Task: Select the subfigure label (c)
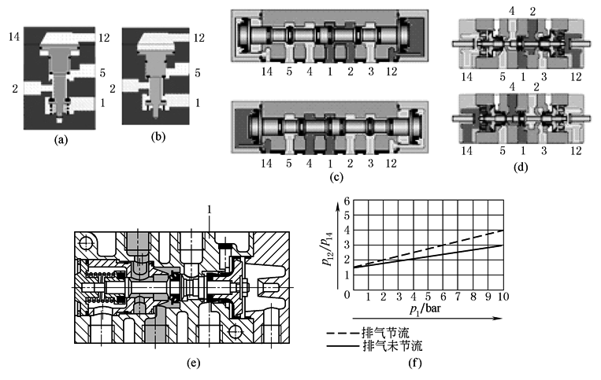point(336,176)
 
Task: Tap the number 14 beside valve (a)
point(13,36)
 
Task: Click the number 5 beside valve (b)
point(198,72)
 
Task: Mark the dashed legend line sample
point(342,333)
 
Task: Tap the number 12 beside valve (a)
point(106,36)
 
